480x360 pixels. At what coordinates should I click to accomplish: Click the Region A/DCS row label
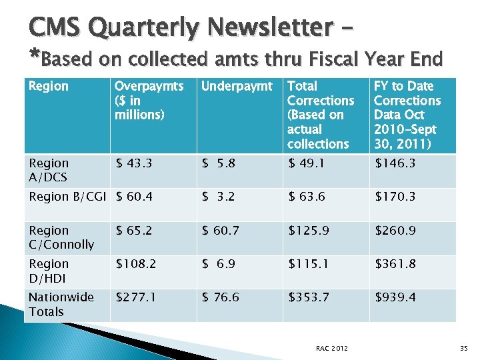pyautogui.click(x=49, y=170)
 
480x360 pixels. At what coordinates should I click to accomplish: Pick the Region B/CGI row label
pyautogui.click(x=68, y=197)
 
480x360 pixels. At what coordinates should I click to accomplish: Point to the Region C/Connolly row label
pyautogui.click(x=61, y=237)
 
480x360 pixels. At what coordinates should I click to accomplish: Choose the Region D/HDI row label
pyautogui.click(x=49, y=271)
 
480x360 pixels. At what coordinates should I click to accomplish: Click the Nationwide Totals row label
pyautogui.click(x=61, y=304)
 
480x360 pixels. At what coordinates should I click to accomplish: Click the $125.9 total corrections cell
pyautogui.click(x=309, y=231)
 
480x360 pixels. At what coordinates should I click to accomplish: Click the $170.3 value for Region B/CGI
pyautogui.click(x=395, y=197)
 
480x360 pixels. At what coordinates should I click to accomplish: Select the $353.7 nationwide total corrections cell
pyautogui.click(x=309, y=297)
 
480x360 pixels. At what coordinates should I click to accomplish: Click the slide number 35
pyautogui.click(x=464, y=347)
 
